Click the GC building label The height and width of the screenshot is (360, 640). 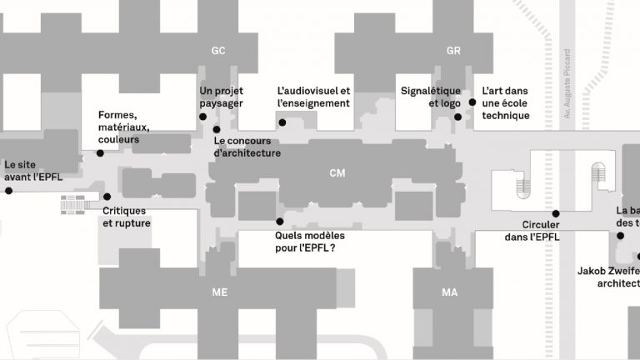tap(218, 51)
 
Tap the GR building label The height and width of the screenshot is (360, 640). tap(453, 51)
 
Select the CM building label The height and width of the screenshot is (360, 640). tap(337, 173)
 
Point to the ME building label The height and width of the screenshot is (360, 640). tap(220, 292)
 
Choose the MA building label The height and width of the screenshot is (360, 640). tap(450, 292)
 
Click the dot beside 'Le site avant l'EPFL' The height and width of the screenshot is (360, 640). tap(9, 191)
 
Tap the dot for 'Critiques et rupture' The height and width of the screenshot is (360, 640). tap(107, 197)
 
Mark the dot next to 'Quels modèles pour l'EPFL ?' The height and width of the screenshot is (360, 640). tap(279, 222)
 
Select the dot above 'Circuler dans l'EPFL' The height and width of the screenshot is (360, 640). tap(556, 213)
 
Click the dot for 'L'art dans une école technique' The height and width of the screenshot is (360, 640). tap(472, 102)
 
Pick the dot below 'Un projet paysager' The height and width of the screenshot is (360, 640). tap(203, 117)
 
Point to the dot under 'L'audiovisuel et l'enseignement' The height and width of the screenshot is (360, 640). tap(282, 123)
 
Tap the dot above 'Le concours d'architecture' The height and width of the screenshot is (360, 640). tap(217, 129)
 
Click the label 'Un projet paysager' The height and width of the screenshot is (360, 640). tap(222, 97)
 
